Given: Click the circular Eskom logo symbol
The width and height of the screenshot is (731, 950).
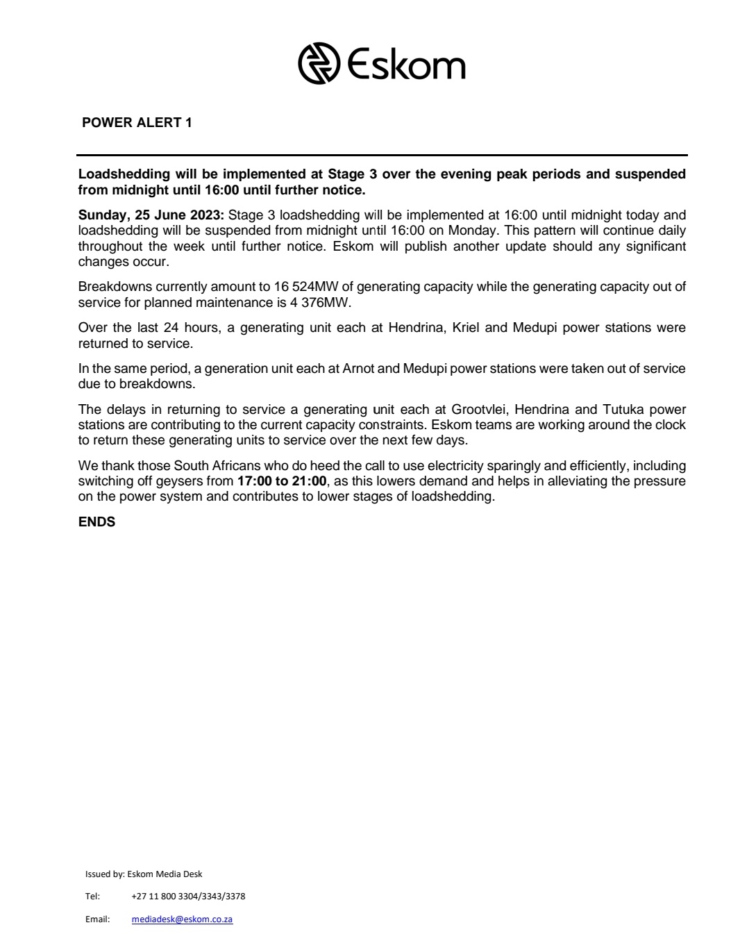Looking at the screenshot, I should point(319,64).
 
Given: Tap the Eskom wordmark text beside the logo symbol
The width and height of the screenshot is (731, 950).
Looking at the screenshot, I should point(406,65).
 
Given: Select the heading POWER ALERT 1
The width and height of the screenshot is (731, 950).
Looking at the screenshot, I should point(137,123).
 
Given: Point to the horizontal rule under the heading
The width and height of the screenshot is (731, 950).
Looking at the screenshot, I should point(382,154).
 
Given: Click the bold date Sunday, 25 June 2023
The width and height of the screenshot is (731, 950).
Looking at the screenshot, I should point(151,215).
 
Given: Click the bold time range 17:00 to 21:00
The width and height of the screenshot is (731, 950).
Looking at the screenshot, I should point(281,481).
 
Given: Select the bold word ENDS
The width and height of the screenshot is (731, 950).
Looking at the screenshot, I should point(96,522).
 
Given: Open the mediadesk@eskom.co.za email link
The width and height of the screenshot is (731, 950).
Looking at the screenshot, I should point(182,919).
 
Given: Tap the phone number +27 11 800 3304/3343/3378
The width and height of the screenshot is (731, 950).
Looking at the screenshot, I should point(187,896).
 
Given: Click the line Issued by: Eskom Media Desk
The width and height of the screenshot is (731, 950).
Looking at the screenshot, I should point(144,874).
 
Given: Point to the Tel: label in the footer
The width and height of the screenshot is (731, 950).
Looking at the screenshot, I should point(92,896).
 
